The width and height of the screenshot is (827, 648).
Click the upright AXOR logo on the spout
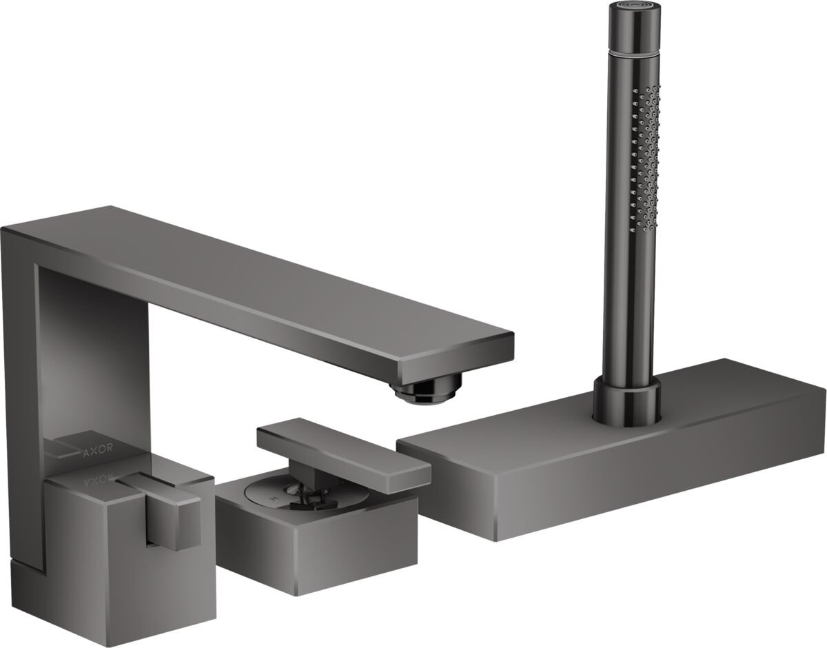[x=96, y=453]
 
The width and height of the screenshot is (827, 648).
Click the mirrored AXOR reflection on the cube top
[x=98, y=476]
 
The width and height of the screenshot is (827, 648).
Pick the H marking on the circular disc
[x=273, y=497]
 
